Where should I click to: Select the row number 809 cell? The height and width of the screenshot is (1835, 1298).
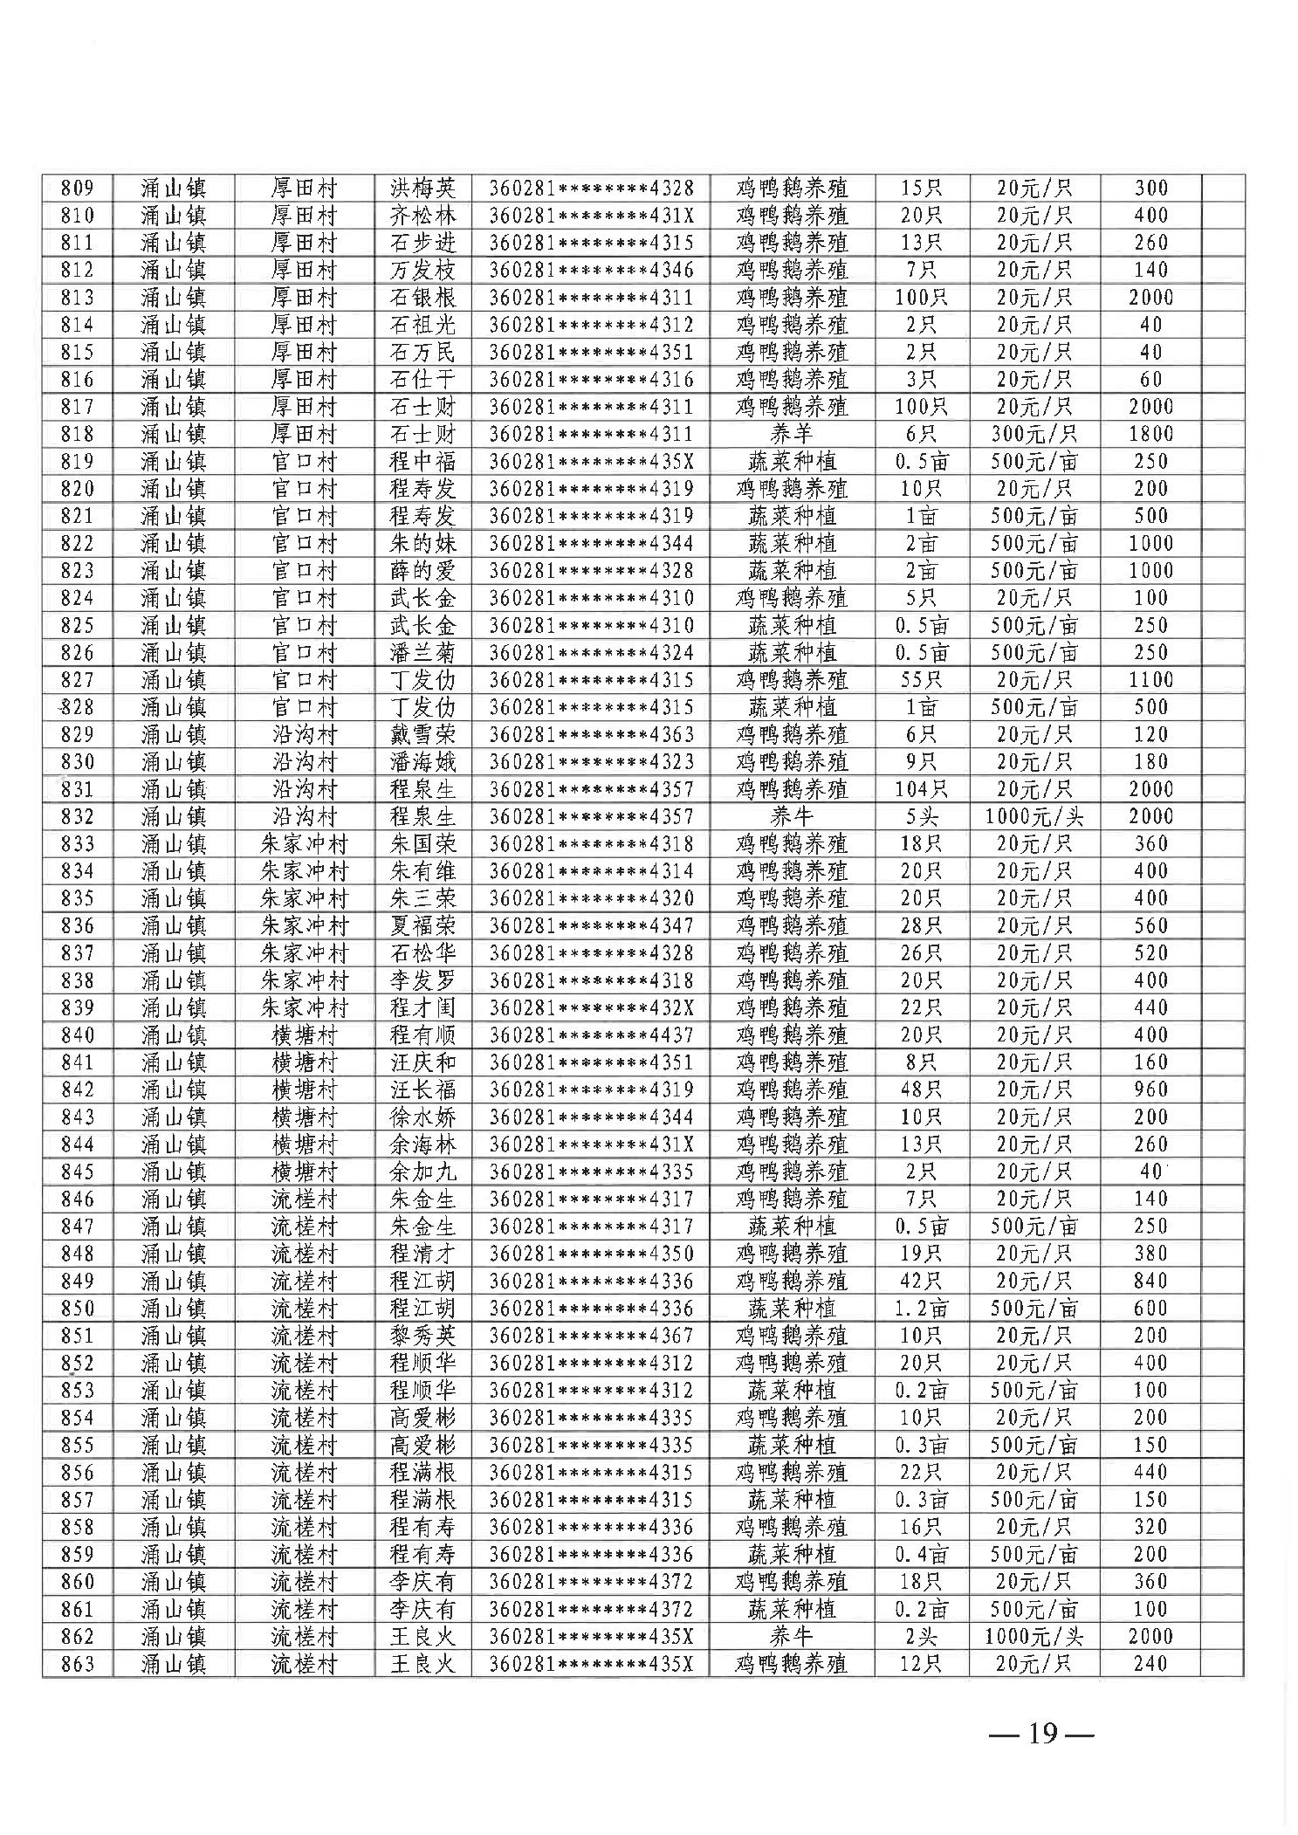point(78,188)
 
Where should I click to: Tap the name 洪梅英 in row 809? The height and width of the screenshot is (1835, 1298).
point(422,188)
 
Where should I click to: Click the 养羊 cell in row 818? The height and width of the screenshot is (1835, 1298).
point(792,434)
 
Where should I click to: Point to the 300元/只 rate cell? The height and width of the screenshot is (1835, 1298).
point(1034,434)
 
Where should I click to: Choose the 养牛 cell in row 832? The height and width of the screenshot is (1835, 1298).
point(792,816)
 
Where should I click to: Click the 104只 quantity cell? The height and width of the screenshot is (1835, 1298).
point(922,789)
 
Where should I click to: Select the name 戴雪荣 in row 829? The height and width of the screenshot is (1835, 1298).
point(422,734)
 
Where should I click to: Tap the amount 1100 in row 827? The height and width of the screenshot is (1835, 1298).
point(1150,680)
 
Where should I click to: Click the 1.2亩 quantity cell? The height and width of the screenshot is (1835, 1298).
point(922,1308)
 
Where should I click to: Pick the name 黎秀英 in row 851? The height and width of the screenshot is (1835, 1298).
point(422,1336)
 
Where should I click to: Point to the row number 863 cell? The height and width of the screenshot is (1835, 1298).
point(78,1664)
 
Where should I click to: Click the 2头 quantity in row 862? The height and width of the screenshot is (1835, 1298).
point(922,1636)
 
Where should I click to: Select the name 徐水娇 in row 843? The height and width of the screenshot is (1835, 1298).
point(422,1117)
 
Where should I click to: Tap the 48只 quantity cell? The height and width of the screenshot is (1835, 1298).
point(922,1089)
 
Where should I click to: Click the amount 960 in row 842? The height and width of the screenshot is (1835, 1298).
point(1150,1089)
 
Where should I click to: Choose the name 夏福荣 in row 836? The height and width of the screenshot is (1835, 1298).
point(422,925)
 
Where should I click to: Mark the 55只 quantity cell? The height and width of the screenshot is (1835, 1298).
point(922,680)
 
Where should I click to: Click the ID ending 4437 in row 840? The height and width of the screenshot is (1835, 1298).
point(591,1034)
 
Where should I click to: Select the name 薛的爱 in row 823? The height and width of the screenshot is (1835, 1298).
point(422,570)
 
